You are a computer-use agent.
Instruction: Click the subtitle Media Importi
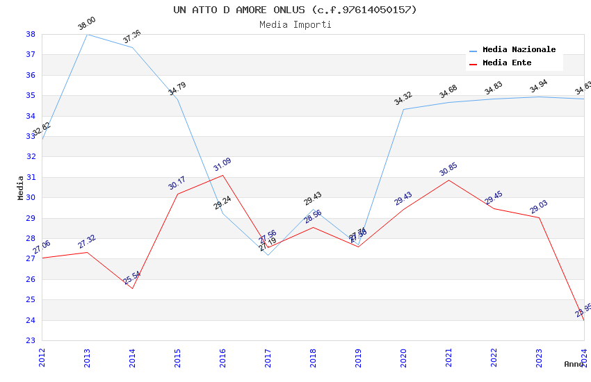(x=295, y=24)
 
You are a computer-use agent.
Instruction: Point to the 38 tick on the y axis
(x=31, y=34)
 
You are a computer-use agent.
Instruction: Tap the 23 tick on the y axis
(x=31, y=341)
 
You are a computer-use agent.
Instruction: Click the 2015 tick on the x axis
(x=177, y=357)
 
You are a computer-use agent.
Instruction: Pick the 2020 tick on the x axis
(x=403, y=357)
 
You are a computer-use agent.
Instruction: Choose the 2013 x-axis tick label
(x=87, y=357)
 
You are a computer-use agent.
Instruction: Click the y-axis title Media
(x=20, y=188)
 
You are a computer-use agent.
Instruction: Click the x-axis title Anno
(x=574, y=364)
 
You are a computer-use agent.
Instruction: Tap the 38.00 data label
(x=87, y=24)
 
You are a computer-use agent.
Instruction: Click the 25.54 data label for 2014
(x=132, y=278)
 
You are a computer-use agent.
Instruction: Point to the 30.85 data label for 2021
(x=448, y=170)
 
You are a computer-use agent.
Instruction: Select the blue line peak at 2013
(x=87, y=34)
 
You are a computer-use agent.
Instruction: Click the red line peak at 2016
(x=222, y=175)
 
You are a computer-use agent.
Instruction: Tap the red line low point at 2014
(x=132, y=288)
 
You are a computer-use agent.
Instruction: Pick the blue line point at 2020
(x=403, y=109)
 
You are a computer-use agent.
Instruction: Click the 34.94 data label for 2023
(x=539, y=87)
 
